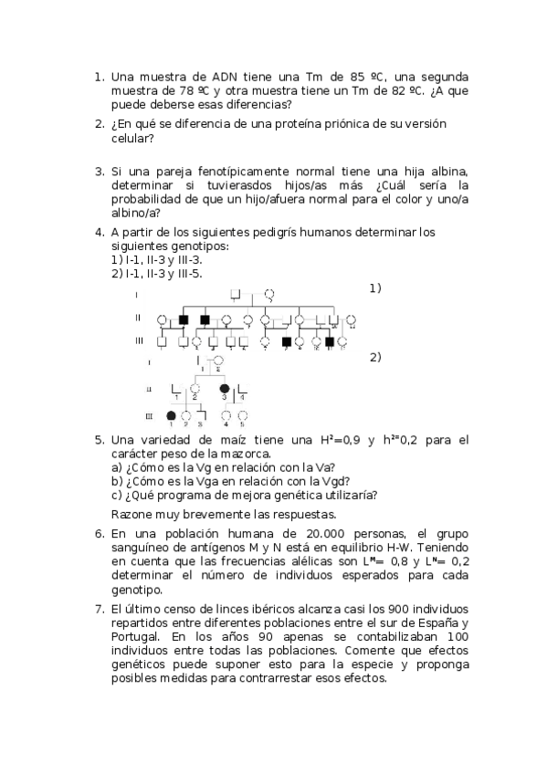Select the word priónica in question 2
(x=337, y=124)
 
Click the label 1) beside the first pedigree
(x=375, y=288)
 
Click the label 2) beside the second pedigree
(x=375, y=357)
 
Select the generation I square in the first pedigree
(x=236, y=295)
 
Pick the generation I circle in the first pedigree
(x=269, y=295)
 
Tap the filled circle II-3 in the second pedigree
(x=225, y=389)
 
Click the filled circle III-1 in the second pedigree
(x=170, y=415)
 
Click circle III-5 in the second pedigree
(x=242, y=415)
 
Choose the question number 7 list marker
(x=100, y=609)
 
